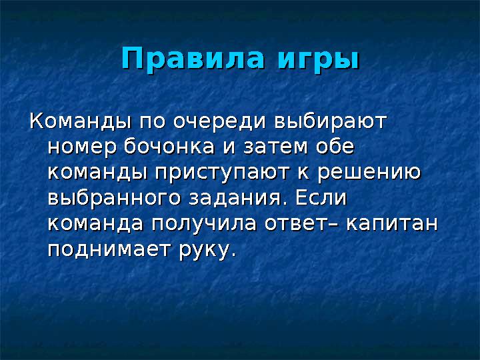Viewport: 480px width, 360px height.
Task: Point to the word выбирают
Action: click(x=331, y=121)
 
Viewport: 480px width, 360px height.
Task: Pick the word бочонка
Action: click(x=169, y=146)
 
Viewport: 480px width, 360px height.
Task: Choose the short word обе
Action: click(x=335, y=146)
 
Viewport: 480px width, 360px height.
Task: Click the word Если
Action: click(x=321, y=197)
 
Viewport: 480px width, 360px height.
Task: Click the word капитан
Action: click(x=392, y=224)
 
